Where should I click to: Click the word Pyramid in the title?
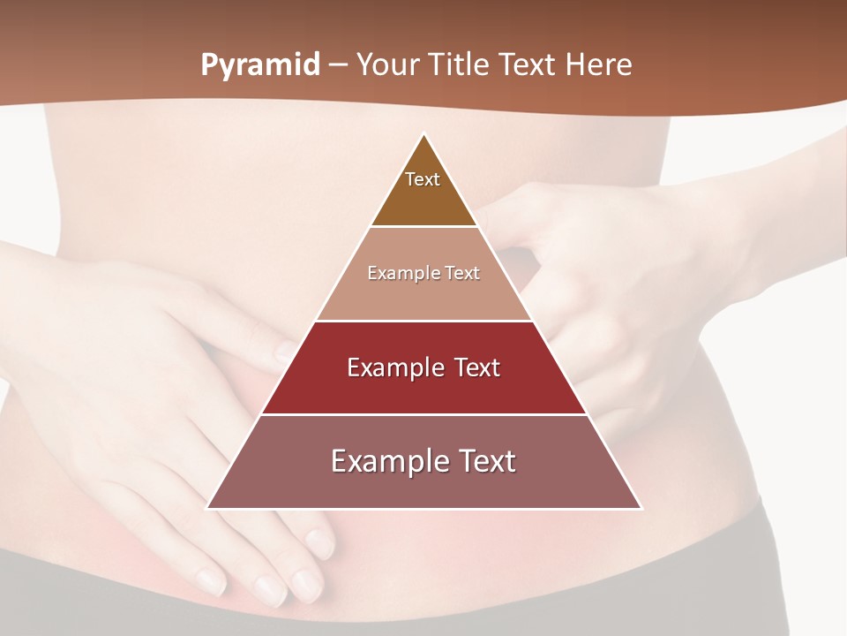coord(260,65)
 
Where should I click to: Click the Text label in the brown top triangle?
coord(423,180)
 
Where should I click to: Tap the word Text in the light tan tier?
coord(463,274)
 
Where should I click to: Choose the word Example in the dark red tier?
coord(387,367)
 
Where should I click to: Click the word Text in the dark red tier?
coord(476,367)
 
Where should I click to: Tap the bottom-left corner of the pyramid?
coord(207,508)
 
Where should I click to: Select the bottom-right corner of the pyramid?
coord(641,508)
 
